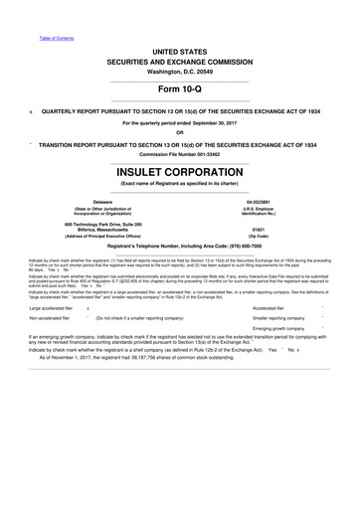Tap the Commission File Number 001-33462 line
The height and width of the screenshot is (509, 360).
tap(180, 152)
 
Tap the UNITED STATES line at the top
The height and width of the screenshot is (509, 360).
tap(180, 34)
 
